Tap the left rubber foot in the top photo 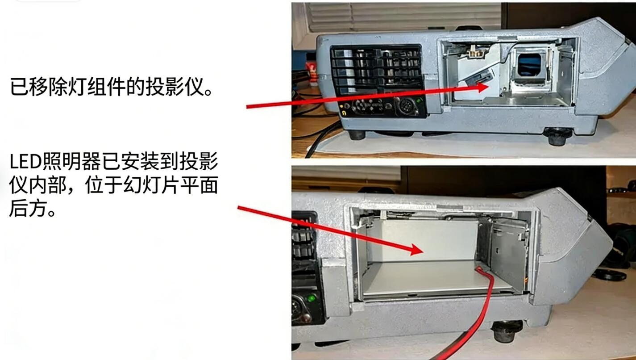(x=357, y=134)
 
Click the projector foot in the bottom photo (x=507, y=331)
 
